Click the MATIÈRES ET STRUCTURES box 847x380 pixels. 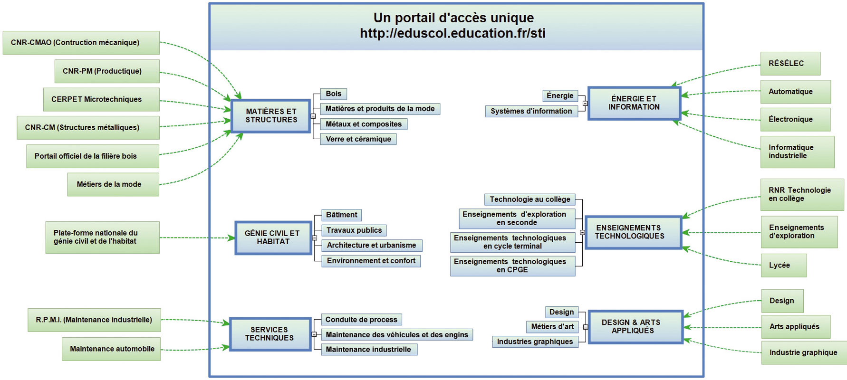(271, 116)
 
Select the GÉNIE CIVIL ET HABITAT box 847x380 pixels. (273, 237)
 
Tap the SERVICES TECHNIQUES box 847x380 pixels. (270, 334)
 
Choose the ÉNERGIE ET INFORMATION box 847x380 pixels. (635, 103)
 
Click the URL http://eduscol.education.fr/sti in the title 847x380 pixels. (452, 33)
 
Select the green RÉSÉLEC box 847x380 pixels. (790, 64)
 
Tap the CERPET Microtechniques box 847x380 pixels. (101, 99)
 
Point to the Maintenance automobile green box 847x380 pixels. (111, 349)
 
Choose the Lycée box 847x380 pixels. (784, 266)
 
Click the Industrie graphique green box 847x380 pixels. (804, 352)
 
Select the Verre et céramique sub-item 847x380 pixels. (358, 139)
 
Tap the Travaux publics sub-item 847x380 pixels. (354, 230)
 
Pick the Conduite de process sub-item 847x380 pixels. (361, 320)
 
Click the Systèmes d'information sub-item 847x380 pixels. (531, 111)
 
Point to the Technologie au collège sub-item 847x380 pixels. (530, 199)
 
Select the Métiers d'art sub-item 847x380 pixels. (552, 327)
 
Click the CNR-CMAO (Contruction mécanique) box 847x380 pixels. (81, 43)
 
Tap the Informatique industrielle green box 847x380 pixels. (797, 152)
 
